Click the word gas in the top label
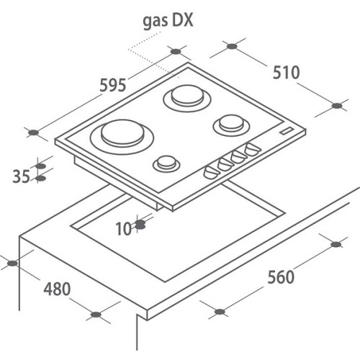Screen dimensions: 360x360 [x=155, y=21]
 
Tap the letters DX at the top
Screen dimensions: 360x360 [x=183, y=19]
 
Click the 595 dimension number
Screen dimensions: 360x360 [x=113, y=85]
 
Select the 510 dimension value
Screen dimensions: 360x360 [x=287, y=72]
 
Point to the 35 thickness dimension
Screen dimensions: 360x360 [x=21, y=176]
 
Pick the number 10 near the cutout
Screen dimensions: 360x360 [x=124, y=229]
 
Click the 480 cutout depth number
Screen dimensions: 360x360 [x=57, y=289]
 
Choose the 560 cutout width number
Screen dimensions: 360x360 [x=281, y=277]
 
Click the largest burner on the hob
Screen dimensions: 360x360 [x=122, y=136]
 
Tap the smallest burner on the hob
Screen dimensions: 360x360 [x=166, y=163]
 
